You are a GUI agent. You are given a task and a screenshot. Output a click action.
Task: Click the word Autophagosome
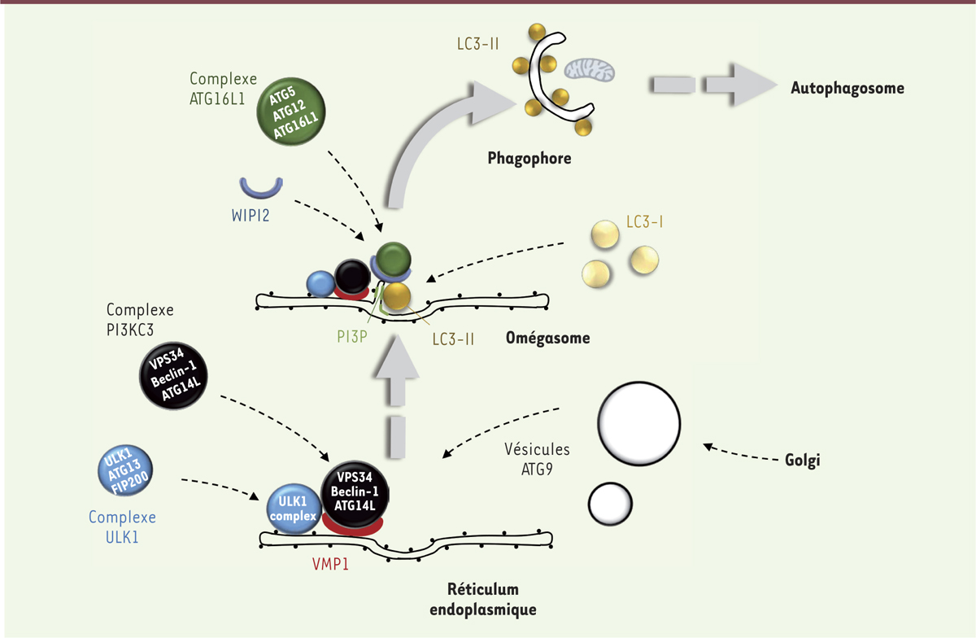pos(847,88)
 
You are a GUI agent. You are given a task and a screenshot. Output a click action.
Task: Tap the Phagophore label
pos(529,159)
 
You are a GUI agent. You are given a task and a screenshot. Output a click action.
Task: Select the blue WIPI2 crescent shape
pos(262,189)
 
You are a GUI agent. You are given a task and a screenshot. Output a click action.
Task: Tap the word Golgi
pos(803,460)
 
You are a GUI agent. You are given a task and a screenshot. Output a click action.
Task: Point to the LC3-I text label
pos(645,221)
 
